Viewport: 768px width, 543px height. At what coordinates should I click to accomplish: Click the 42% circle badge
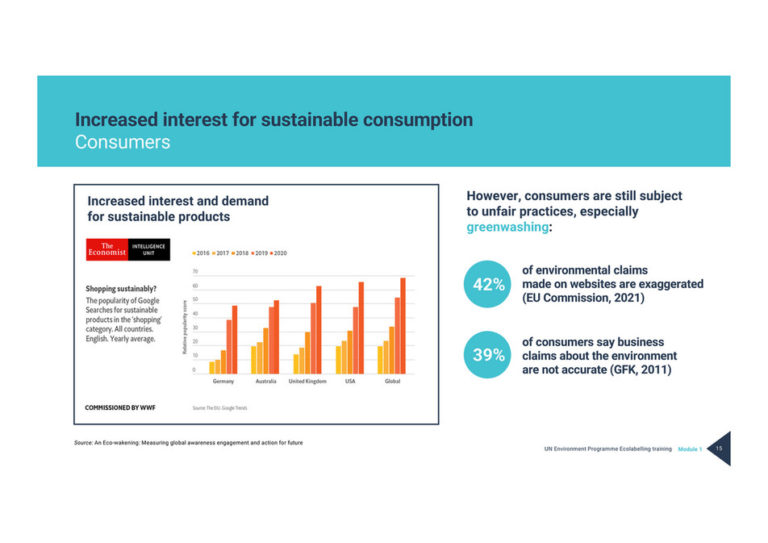(489, 284)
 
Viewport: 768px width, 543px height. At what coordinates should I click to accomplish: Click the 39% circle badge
(489, 355)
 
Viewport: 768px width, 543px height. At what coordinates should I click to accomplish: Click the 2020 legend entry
(278, 253)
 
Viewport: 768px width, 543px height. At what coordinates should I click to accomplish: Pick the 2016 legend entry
(198, 253)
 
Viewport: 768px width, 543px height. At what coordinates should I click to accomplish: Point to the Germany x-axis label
(223, 381)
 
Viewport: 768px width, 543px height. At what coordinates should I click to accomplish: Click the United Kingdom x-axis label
(307, 381)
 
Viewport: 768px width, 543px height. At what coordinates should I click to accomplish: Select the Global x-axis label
(392, 381)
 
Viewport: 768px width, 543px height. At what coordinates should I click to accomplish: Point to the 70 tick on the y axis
(194, 272)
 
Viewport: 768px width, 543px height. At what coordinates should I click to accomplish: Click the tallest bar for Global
(403, 326)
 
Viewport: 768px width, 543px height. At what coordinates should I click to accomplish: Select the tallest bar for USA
(361, 328)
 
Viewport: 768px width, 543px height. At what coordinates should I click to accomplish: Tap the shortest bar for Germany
(211, 368)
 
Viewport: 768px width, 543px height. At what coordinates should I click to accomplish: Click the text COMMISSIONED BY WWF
(121, 407)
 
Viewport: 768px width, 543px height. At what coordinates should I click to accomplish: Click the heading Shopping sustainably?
(121, 288)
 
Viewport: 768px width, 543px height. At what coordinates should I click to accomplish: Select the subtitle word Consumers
(123, 143)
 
